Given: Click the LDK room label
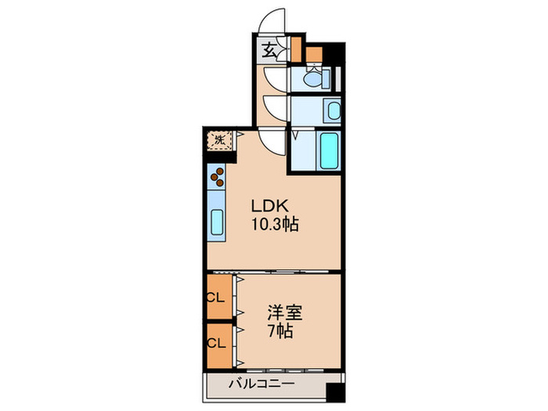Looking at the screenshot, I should [x=271, y=207].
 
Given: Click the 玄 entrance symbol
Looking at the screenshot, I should [x=269, y=52].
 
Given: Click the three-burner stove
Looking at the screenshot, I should [x=218, y=178].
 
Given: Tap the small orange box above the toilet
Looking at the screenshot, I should [x=315, y=55].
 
